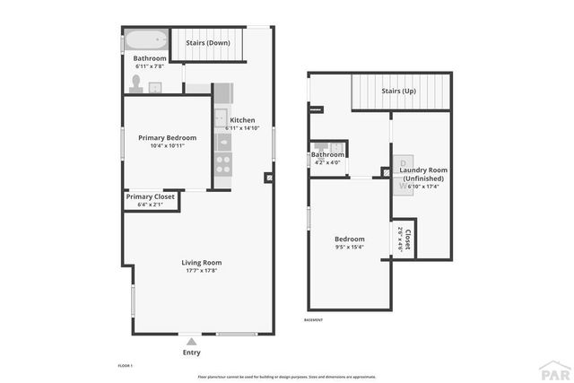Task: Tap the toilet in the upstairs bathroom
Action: (x=136, y=83)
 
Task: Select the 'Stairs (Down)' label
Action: (x=207, y=42)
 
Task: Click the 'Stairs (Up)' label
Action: (x=398, y=91)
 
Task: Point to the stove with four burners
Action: (x=222, y=163)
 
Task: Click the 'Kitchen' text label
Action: (x=242, y=120)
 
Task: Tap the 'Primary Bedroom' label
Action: (x=167, y=137)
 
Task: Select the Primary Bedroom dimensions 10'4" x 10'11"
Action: (x=167, y=146)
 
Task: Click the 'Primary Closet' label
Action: (x=151, y=196)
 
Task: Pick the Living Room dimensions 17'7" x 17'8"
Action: (x=202, y=271)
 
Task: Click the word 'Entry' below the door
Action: (x=191, y=353)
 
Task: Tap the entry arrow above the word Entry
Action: (x=190, y=341)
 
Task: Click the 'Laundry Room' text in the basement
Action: (x=423, y=170)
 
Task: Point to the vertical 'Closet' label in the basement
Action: (x=407, y=240)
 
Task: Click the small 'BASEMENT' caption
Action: (x=313, y=319)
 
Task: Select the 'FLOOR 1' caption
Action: (x=125, y=366)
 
